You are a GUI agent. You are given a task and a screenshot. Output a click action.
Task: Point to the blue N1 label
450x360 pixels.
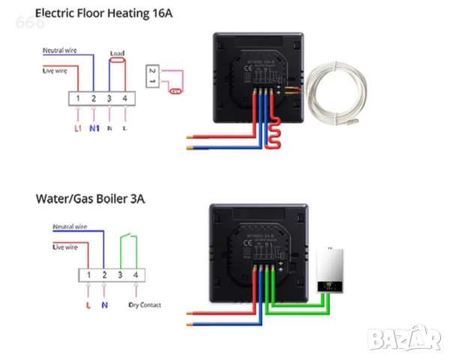[94, 128]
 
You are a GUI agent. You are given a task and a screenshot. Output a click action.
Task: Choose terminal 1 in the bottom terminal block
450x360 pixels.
[89, 276]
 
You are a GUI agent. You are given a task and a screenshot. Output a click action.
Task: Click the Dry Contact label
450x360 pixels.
[145, 305]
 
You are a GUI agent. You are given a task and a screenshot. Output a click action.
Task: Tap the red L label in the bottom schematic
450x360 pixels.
[88, 306]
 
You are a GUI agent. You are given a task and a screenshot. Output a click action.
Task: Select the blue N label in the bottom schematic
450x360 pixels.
[105, 306]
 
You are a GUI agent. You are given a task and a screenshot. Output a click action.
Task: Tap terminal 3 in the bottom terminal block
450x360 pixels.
[121, 276]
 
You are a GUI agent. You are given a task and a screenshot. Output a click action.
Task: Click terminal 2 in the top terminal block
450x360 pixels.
[94, 98]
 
